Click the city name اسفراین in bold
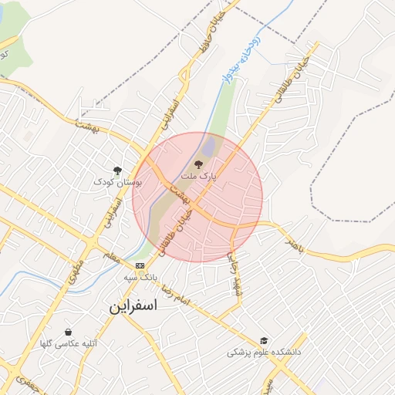point(133,306)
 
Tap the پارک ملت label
point(198,177)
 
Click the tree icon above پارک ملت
point(198,164)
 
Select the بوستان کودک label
point(118,182)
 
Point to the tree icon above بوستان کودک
point(117,170)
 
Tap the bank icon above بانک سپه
point(140,265)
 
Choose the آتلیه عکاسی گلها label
point(69,343)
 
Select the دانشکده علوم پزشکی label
point(263,352)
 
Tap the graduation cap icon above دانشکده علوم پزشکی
point(264,339)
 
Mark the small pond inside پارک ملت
point(208,145)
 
